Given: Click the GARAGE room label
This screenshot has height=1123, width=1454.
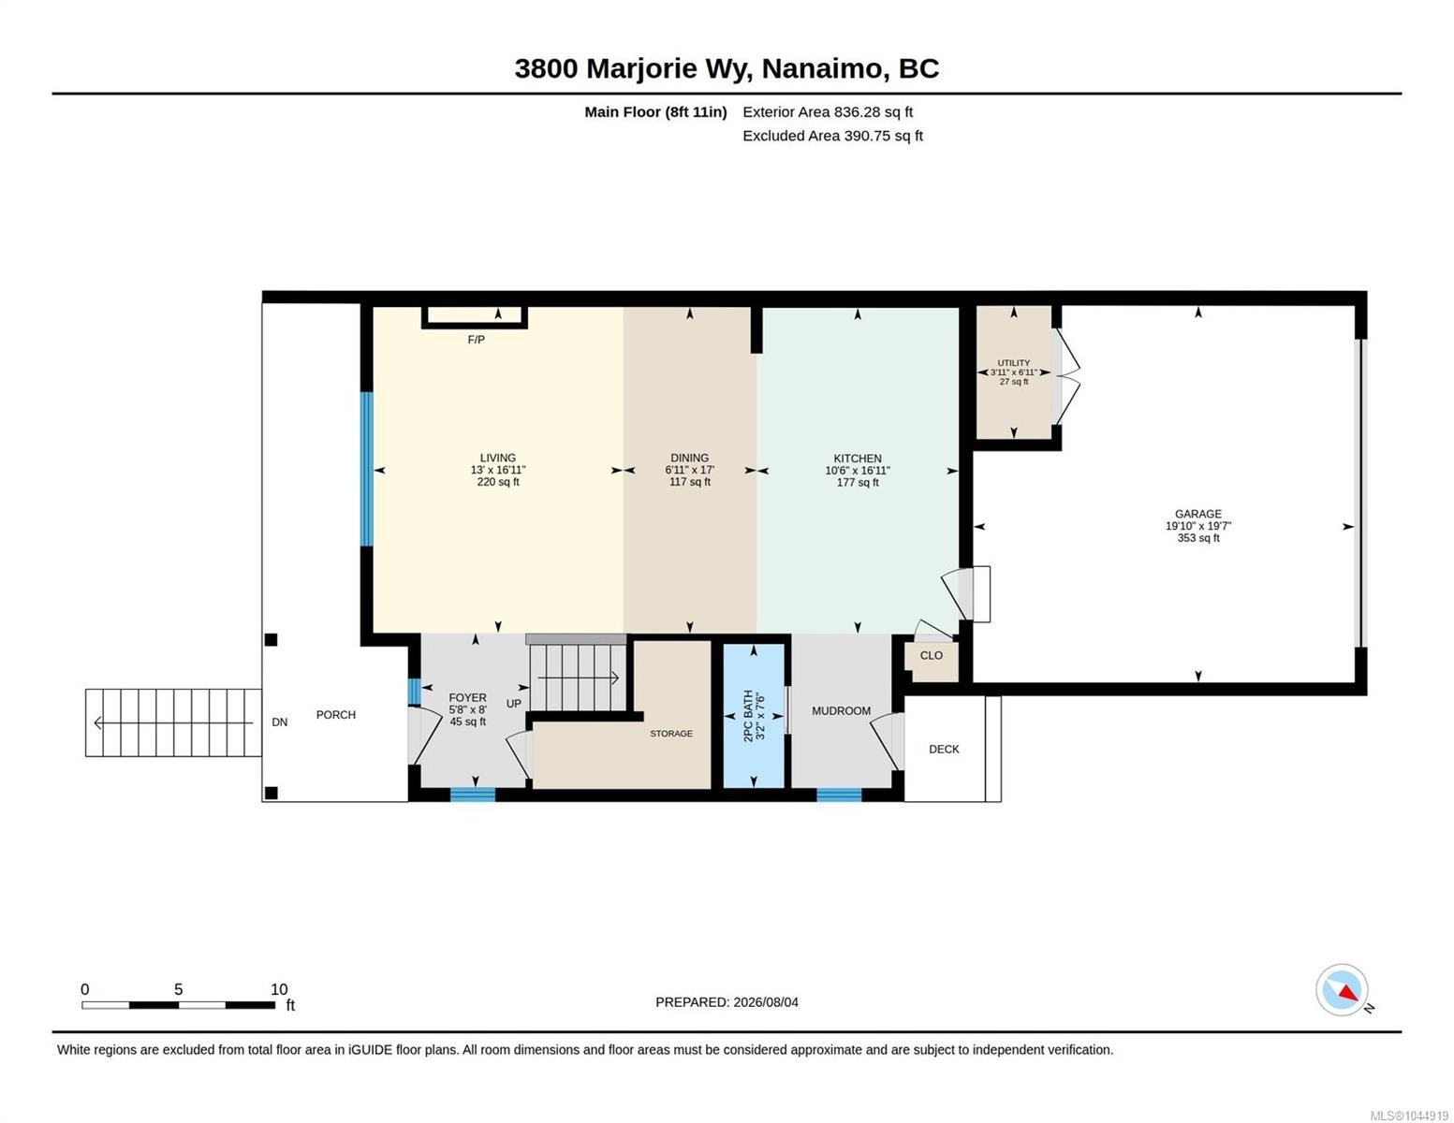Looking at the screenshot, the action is click(1197, 514).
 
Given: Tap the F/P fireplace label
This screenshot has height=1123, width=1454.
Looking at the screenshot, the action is click(476, 340).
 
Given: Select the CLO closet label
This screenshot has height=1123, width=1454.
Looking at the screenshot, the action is click(931, 655).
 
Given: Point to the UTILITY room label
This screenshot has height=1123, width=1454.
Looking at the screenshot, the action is click(1013, 362).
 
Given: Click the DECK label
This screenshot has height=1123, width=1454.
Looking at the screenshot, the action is click(944, 749).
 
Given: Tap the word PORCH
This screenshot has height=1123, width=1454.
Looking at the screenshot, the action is click(336, 714).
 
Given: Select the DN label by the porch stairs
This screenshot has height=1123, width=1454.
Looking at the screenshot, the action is click(280, 722).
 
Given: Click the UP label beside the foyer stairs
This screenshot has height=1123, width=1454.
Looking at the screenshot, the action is click(513, 703).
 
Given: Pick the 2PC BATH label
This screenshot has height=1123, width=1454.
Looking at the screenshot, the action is click(748, 716).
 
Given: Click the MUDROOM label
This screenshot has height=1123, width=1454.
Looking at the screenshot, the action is click(841, 711).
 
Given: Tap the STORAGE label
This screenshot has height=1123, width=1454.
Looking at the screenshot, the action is click(671, 734).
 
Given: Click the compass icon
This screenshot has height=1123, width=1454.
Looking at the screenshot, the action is click(1341, 990).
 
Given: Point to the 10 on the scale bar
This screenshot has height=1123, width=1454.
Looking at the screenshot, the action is click(279, 989).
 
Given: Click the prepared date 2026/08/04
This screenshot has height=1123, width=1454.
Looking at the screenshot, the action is click(766, 1002).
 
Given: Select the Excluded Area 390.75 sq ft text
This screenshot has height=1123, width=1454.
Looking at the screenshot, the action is click(832, 136).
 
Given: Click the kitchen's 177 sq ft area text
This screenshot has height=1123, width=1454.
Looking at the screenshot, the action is click(858, 482).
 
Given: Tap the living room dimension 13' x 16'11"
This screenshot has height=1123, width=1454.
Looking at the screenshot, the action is click(498, 470).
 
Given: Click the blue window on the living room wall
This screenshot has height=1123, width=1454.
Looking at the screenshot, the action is click(367, 469).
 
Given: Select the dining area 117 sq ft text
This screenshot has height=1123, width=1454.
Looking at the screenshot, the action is click(689, 482).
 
